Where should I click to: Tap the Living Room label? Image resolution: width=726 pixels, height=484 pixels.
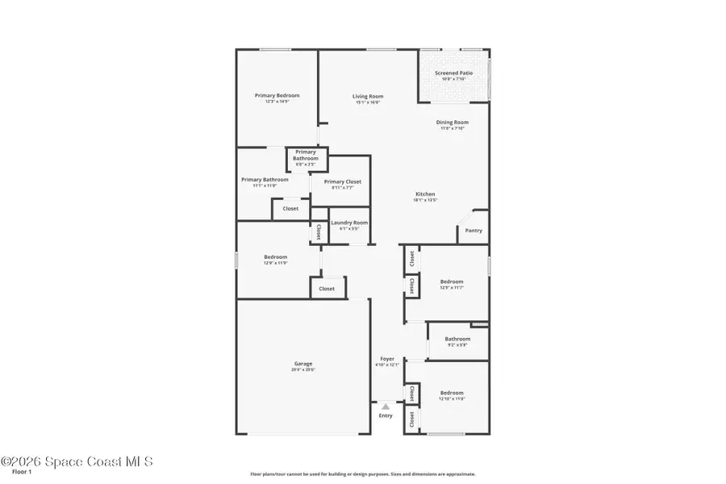(x=367, y=96)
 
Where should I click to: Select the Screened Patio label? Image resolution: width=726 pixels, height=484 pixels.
(x=453, y=73)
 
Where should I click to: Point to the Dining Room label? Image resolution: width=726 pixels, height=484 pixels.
(x=453, y=123)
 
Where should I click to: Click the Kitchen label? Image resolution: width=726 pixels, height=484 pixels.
(x=425, y=194)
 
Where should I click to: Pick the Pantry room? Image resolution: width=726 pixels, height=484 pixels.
(x=474, y=231)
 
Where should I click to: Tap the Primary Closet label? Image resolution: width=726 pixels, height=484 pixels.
(x=342, y=182)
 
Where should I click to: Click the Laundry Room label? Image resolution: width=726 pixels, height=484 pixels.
(x=349, y=223)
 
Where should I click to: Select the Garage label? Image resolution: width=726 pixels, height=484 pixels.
(x=302, y=364)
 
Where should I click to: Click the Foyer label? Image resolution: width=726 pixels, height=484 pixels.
(x=387, y=358)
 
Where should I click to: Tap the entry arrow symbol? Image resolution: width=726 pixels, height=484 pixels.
(x=386, y=407)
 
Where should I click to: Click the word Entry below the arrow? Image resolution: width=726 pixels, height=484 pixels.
(x=386, y=415)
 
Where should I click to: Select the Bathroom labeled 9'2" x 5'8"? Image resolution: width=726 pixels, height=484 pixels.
(x=457, y=340)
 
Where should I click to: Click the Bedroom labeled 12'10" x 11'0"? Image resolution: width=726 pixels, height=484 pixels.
(x=451, y=393)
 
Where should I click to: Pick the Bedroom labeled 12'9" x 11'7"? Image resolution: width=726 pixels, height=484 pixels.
(x=451, y=282)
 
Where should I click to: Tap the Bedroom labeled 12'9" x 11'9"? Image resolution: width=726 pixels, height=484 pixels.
(x=275, y=257)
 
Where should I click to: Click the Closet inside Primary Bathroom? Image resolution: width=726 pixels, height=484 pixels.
(x=290, y=209)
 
